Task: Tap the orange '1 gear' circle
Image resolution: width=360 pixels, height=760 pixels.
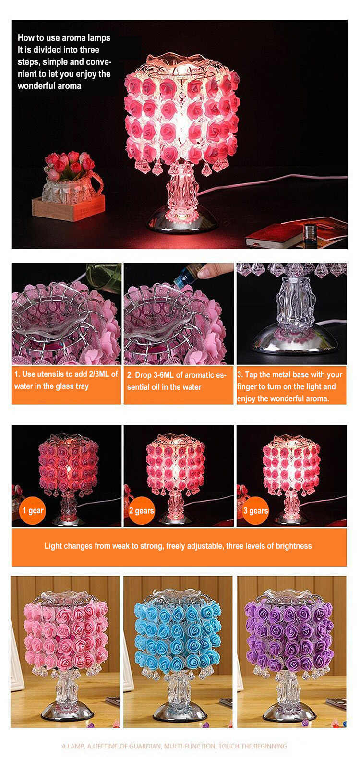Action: point(33,510)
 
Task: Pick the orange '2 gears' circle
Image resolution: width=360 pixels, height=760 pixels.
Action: point(142,511)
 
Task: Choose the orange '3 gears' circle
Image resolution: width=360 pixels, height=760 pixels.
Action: point(255,511)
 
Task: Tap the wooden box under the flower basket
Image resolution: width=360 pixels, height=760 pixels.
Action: point(68,209)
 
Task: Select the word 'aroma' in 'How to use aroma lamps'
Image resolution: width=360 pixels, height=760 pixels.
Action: point(73,38)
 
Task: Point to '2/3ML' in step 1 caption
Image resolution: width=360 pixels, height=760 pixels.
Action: point(98,374)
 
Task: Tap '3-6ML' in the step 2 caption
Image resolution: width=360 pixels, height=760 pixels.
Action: point(164,375)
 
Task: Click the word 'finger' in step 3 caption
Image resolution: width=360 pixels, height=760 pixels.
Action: point(247,387)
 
